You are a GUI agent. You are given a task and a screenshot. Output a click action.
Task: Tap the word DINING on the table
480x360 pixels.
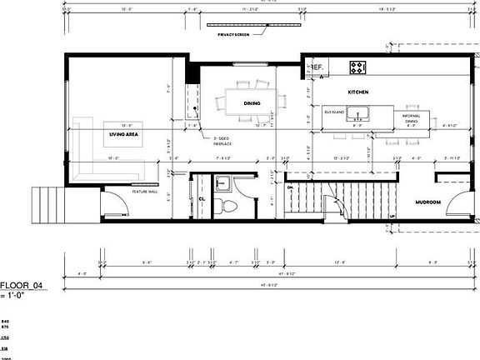click(252, 103)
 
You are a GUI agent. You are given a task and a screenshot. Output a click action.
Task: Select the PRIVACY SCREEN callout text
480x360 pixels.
click(234, 34)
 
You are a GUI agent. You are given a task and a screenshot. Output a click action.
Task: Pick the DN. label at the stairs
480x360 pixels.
click(290, 188)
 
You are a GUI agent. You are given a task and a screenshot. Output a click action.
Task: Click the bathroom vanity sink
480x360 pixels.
click(223, 182)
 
